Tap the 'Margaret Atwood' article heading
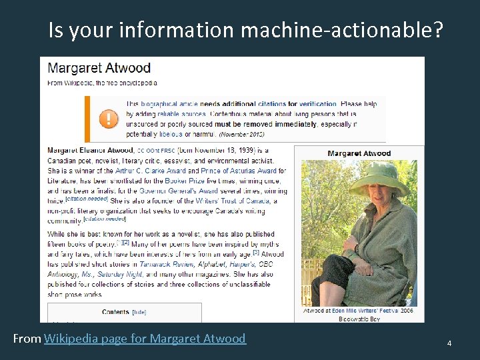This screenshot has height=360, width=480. [99, 68]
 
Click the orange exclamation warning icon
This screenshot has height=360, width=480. [107, 119]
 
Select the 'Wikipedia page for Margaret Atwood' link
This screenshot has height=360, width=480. [145, 339]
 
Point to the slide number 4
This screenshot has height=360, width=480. [449, 343]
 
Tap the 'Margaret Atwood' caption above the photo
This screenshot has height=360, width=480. [359, 153]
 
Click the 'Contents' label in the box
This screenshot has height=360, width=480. [115, 312]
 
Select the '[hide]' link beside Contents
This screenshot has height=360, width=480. [139, 312]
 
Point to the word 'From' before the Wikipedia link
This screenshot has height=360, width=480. [27, 339]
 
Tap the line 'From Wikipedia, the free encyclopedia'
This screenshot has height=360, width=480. [101, 83]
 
